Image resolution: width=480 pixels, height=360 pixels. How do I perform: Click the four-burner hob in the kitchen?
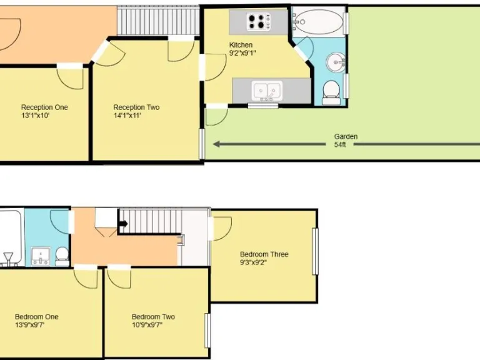click(256, 22)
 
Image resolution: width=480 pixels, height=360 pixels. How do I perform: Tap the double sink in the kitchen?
click(267, 91)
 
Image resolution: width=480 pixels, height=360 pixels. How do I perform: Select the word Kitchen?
click(241, 45)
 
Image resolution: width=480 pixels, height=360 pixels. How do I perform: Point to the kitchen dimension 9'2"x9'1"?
click(243, 53)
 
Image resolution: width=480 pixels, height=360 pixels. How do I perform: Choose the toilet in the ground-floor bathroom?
click(331, 91)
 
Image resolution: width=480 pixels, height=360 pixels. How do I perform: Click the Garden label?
click(346, 136)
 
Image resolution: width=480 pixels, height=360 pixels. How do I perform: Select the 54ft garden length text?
click(339, 144)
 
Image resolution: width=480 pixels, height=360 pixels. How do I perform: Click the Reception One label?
click(44, 107)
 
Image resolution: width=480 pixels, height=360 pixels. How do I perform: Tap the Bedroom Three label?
click(264, 254)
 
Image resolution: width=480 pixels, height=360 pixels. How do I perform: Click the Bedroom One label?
click(37, 317)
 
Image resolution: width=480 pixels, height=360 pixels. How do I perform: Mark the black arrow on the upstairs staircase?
click(122, 222)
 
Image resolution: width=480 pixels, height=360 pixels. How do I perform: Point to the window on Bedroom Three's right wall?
click(316, 251)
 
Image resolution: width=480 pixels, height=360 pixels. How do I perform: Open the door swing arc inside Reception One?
click(71, 78)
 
